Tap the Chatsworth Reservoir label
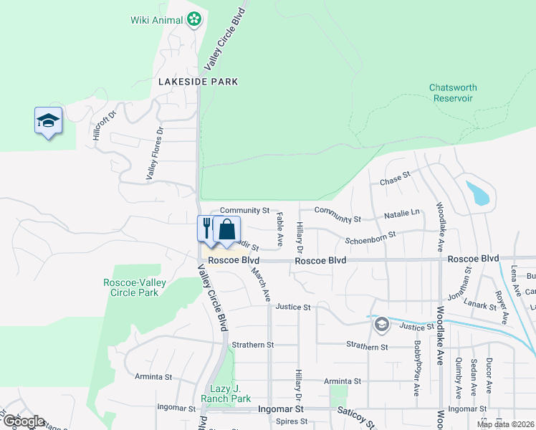(x=453, y=93)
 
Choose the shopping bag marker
(x=226, y=229)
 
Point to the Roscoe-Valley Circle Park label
(x=135, y=287)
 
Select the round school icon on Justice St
(x=381, y=325)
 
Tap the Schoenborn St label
(x=370, y=240)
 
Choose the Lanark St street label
(x=481, y=305)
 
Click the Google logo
(x=24, y=421)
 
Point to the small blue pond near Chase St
(x=479, y=193)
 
